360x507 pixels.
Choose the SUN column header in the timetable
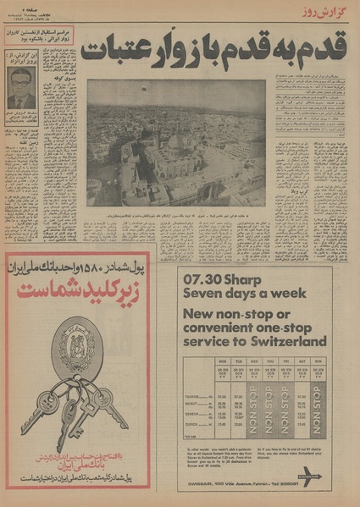[x=318, y=359]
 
